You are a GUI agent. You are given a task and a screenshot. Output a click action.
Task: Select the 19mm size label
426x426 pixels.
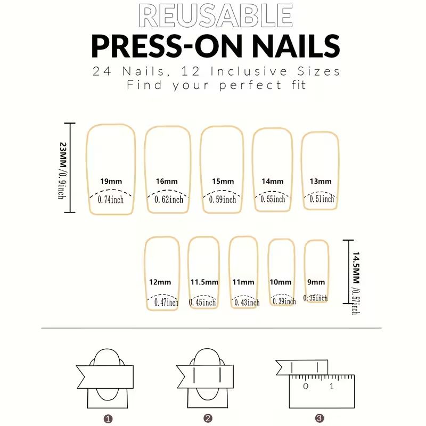(110, 182)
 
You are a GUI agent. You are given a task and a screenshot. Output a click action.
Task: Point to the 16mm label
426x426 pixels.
(167, 182)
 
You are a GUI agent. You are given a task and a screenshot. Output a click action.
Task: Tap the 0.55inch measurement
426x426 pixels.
(273, 199)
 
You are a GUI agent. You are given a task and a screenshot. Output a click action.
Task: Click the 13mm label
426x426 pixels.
(321, 182)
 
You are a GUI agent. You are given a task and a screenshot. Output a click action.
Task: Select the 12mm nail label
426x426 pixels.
(160, 282)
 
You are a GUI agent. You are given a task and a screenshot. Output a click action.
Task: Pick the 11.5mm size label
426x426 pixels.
(204, 282)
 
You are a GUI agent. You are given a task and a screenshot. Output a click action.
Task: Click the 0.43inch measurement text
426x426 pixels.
(245, 302)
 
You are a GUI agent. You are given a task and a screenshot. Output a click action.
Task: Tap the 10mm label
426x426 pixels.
(281, 282)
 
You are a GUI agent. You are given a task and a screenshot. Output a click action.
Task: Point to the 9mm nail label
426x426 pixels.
(316, 282)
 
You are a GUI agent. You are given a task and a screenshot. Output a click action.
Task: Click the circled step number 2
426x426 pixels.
(208, 418)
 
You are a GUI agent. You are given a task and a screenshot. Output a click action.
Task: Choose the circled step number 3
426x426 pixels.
(318, 418)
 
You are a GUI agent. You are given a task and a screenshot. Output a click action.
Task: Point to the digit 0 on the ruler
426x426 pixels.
(306, 386)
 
